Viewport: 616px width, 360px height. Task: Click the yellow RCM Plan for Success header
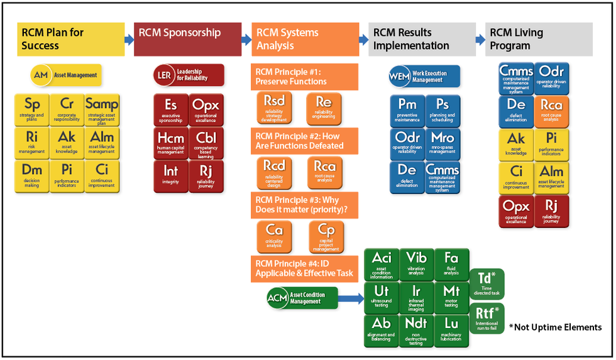click(x=70, y=39)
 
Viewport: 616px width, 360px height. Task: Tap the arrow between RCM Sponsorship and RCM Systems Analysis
click(x=246, y=40)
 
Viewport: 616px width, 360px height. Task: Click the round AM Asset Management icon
click(x=41, y=75)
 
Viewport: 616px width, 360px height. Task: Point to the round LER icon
click(x=163, y=75)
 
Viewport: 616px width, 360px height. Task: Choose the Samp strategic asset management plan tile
click(x=101, y=109)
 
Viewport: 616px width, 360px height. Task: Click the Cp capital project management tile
click(x=326, y=236)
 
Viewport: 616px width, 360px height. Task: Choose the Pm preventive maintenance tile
click(x=407, y=110)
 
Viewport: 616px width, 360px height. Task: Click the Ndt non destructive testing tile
click(x=416, y=330)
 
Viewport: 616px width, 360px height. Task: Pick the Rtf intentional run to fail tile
click(x=487, y=318)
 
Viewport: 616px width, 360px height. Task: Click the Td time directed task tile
click(x=487, y=284)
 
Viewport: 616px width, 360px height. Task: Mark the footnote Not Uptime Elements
click(x=555, y=327)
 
